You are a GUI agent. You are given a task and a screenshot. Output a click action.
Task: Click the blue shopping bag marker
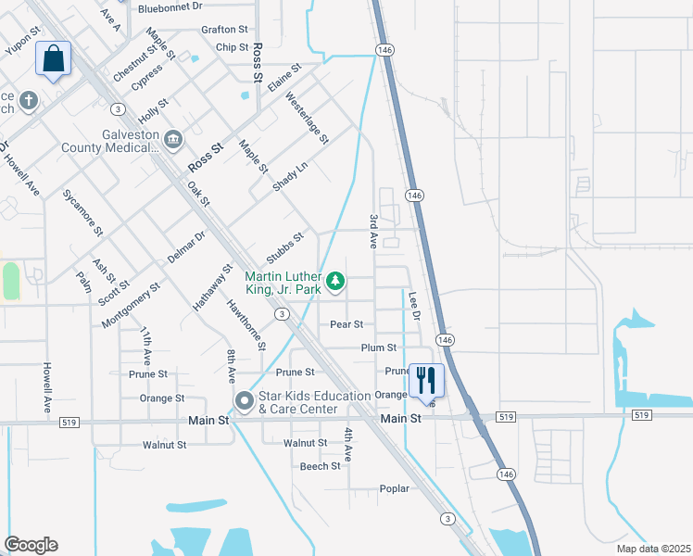point(54,59)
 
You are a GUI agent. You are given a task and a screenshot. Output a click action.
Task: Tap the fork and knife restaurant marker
point(426,380)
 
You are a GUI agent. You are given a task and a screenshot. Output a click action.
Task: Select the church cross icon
point(29,99)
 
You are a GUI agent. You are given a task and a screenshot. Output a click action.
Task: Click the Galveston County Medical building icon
point(173,139)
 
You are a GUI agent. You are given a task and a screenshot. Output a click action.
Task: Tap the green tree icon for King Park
point(335,280)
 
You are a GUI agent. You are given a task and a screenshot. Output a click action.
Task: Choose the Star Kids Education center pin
point(245,401)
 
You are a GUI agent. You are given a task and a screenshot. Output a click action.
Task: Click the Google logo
point(31,545)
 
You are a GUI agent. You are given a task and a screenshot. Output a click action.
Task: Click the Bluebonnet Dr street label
point(170,6)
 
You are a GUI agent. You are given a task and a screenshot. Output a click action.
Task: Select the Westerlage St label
point(308,118)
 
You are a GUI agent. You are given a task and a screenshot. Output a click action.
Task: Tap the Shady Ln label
point(289,177)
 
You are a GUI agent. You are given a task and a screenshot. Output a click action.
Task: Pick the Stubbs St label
point(284,248)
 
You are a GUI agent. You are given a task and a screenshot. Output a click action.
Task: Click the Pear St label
point(346,325)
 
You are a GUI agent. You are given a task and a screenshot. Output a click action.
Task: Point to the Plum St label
point(379,347)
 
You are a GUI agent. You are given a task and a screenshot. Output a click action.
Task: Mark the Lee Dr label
point(414,308)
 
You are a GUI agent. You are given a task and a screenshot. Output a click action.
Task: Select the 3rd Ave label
point(373,230)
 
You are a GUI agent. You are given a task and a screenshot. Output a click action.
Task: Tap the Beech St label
point(321,466)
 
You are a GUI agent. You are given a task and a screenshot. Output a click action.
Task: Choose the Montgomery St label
point(131,305)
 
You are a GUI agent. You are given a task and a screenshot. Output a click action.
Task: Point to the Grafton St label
point(224,30)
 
